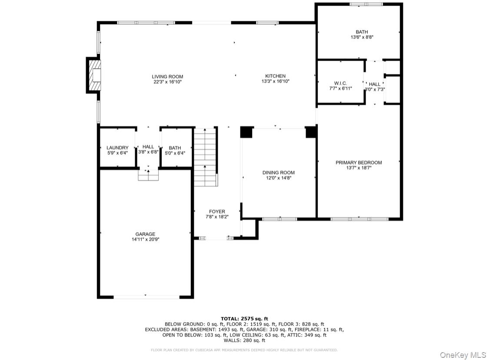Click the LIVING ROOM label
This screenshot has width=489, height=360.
click(167, 77)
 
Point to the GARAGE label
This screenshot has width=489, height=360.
click(146, 234)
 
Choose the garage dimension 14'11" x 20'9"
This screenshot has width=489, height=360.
click(146, 239)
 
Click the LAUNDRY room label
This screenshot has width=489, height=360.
click(117, 147)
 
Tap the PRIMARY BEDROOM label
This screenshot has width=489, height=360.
click(359, 163)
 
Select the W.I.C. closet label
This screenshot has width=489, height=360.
click(340, 83)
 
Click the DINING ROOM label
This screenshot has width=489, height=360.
click(279, 173)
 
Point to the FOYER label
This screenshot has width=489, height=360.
click(217, 211)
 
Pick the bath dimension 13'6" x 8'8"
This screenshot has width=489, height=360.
click(362, 37)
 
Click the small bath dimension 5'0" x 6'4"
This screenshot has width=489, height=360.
click(175, 153)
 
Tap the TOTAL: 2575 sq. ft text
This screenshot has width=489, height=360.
click(244, 318)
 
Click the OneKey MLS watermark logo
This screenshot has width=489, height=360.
click(463, 355)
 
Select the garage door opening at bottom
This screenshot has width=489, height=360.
click(146, 297)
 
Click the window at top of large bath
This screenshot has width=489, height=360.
click(366, 4)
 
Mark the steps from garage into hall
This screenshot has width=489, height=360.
click(148, 175)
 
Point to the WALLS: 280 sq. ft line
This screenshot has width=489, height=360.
click(244, 340)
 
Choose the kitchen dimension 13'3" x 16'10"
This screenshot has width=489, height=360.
click(276, 81)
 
